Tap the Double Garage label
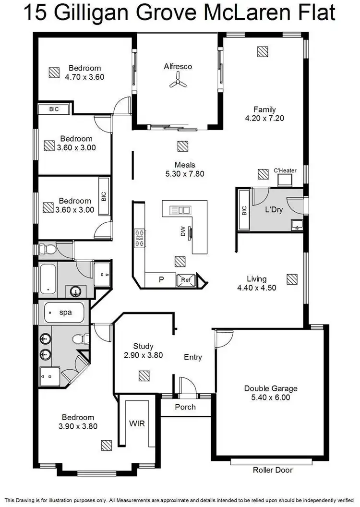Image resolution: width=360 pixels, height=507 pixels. click(x=271, y=388)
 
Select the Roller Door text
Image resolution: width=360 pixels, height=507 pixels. click(x=273, y=470)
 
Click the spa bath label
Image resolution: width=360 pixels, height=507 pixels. click(x=65, y=312)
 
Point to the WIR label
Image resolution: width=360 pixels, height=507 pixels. click(x=137, y=424)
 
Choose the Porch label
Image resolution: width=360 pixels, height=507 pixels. click(x=185, y=407)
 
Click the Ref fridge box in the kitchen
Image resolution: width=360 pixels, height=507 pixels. click(x=185, y=280)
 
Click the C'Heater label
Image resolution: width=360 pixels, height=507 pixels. click(x=285, y=170)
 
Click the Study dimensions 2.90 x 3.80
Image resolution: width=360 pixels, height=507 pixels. click(x=143, y=355)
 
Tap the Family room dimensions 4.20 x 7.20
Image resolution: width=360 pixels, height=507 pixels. click(x=264, y=118)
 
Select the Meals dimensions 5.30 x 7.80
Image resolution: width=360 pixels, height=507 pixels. click(x=185, y=174)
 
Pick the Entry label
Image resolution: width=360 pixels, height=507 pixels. click(x=193, y=357)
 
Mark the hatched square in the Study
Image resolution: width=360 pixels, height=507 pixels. click(x=144, y=375)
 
